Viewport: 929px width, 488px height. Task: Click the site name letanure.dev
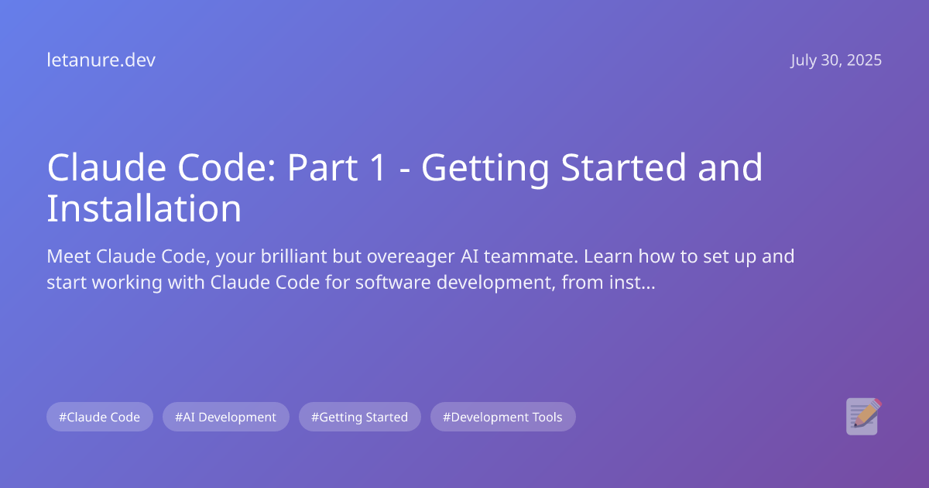point(101,60)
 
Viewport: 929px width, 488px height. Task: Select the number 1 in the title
point(377,168)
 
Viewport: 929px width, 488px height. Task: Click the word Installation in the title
point(144,208)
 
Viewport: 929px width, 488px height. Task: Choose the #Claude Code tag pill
point(100,417)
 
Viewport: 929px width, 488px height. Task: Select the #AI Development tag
point(226,417)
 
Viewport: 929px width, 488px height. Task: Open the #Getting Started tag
point(360,417)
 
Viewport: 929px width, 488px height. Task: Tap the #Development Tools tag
point(503,417)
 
